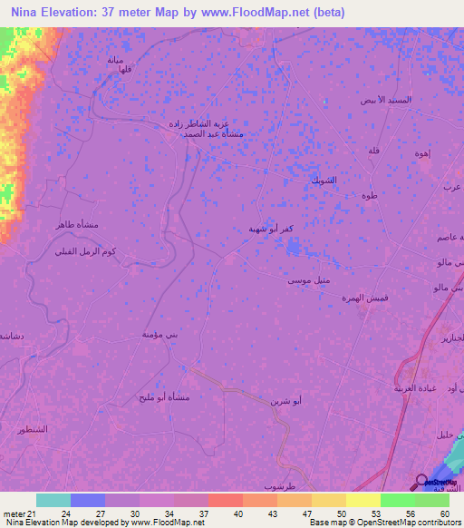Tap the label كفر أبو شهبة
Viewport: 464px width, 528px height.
269,229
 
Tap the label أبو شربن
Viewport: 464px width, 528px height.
287,400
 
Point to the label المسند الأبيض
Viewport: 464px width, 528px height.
386,99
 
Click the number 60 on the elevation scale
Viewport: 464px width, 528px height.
444,514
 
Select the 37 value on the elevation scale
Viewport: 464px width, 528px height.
205,514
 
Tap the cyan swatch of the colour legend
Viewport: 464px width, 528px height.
53,500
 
